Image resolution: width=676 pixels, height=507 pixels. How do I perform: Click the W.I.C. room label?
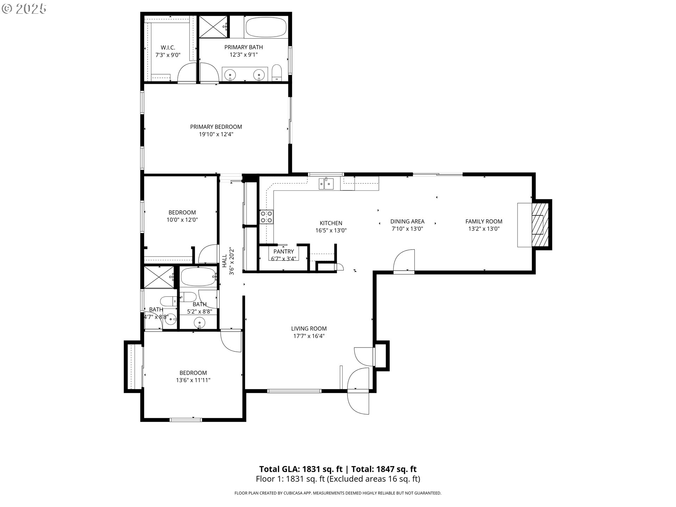click(x=168, y=48)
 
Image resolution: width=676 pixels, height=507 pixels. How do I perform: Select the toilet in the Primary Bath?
click(x=277, y=73)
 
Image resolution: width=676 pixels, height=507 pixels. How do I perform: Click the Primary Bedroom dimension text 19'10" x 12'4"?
click(x=216, y=134)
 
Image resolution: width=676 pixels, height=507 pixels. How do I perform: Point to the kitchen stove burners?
click(x=266, y=217)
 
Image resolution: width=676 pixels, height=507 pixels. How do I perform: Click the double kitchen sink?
click(x=326, y=183)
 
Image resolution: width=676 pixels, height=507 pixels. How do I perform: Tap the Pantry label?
click(x=283, y=251)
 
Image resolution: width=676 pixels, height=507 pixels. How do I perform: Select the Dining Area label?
click(x=407, y=221)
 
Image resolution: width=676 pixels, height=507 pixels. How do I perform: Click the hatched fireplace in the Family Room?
click(x=540, y=224)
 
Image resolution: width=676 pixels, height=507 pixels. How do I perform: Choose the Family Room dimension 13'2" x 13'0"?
click(x=484, y=229)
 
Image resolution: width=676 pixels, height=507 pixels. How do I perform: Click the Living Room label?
click(x=309, y=328)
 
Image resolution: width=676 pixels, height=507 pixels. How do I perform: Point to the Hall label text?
click(x=225, y=261)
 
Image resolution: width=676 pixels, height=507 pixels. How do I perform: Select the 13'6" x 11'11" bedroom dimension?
click(x=193, y=380)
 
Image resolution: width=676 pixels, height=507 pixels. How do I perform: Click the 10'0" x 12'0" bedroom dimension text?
click(x=182, y=220)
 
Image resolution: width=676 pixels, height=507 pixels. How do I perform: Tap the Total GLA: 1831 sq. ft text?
click(x=301, y=469)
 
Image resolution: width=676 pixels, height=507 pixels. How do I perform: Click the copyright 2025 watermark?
click(x=24, y=9)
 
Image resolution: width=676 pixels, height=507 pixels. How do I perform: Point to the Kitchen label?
click(x=331, y=223)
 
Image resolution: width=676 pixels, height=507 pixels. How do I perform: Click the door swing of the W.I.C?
click(x=187, y=73)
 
